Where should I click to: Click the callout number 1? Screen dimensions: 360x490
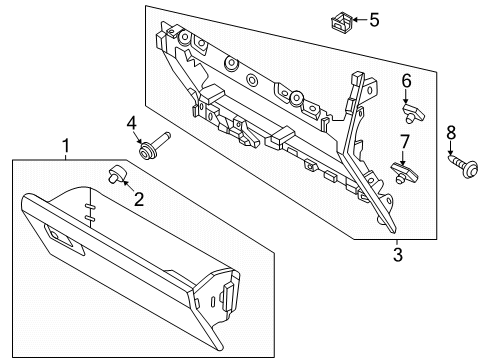[x=66, y=147]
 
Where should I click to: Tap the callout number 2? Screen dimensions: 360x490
[x=139, y=200]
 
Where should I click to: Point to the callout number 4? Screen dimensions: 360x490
[x=131, y=123]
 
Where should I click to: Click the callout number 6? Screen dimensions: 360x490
[x=406, y=79]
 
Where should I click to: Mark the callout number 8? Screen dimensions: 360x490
[x=450, y=131]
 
